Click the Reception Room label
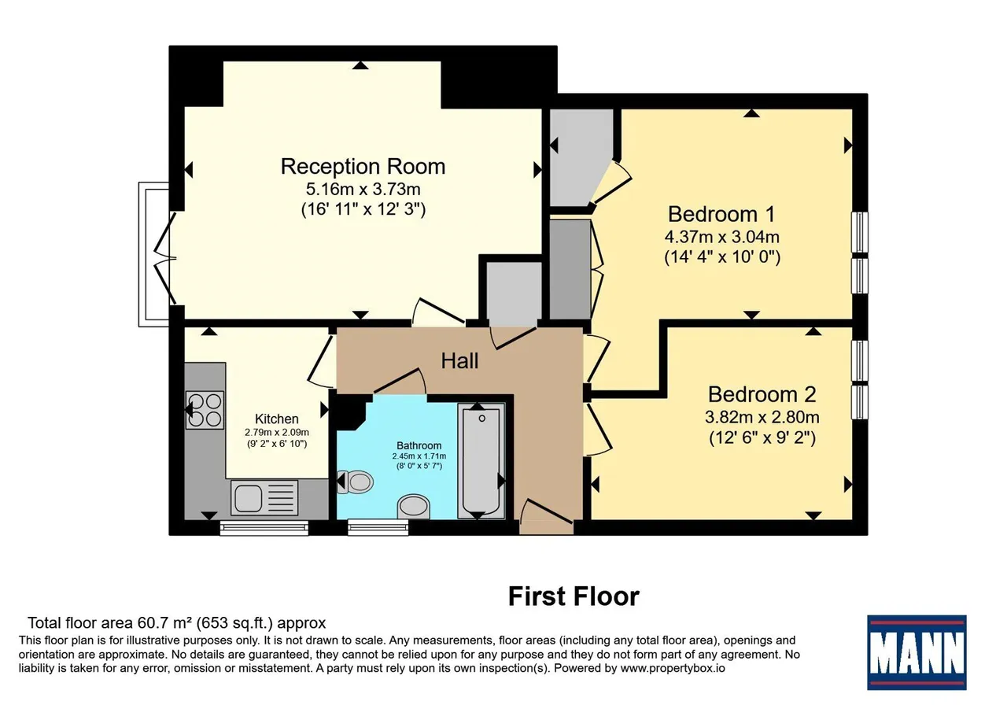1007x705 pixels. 363,166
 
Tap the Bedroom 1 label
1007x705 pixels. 721,214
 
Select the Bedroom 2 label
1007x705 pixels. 762,394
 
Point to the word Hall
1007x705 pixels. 459,360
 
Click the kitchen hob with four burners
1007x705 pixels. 205,410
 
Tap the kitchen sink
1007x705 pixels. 264,498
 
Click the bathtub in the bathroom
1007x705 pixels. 481,460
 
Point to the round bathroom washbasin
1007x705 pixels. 414,506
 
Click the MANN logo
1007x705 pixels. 917,652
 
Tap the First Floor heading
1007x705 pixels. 574,596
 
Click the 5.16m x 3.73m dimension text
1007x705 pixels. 363,190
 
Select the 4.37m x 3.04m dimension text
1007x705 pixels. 722,237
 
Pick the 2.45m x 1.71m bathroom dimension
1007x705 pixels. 419,456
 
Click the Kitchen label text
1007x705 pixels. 276,419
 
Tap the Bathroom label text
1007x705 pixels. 419,445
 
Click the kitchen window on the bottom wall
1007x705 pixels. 264,528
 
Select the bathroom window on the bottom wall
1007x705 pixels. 378,527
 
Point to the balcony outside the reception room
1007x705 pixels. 153,254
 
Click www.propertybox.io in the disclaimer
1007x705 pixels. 673,668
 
